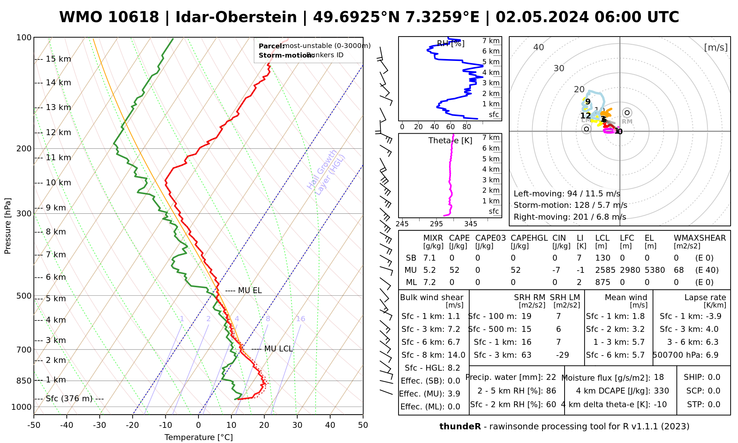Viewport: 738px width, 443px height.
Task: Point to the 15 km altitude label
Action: point(58,59)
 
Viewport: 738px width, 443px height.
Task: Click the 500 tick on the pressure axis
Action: point(24,296)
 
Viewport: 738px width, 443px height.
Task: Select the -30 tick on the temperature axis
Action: point(100,425)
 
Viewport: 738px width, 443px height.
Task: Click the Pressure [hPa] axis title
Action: point(7,226)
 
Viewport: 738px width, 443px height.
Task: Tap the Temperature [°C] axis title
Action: point(199,437)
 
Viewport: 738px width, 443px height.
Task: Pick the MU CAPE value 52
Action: point(454,270)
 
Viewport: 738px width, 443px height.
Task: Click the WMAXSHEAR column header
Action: point(700,238)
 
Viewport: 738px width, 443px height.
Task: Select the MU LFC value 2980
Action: point(630,270)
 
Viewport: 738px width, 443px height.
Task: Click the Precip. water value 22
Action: point(551,377)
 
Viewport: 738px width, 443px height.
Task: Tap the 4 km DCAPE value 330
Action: point(661,391)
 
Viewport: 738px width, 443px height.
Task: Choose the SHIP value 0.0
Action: point(714,377)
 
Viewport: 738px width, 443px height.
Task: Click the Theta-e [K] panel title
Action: point(450,141)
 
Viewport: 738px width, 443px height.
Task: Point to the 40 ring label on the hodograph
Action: point(539,47)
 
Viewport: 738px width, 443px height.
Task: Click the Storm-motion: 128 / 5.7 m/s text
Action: point(570,205)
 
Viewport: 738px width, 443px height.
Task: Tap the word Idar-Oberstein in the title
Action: point(236,17)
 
